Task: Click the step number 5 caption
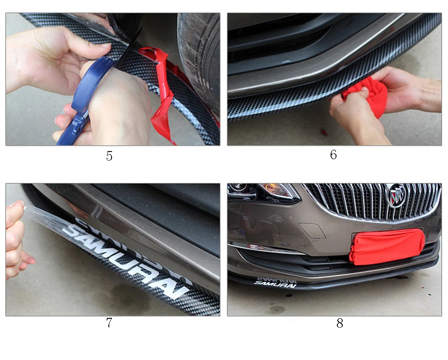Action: pyautogui.click(x=109, y=156)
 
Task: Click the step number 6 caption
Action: pyautogui.click(x=333, y=155)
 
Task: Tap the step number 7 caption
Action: pyautogui.click(x=109, y=322)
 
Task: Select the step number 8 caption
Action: pyautogui.click(x=340, y=323)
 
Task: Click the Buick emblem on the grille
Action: pyautogui.click(x=396, y=195)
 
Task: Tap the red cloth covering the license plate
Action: pyautogui.click(x=387, y=247)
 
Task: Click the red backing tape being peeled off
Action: pyautogui.click(x=160, y=94)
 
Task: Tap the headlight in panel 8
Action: pyautogui.click(x=264, y=191)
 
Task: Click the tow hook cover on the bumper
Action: pyautogui.click(x=312, y=230)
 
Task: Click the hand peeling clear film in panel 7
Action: pyautogui.click(x=16, y=240)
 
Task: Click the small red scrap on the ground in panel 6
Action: pyautogui.click(x=323, y=132)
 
